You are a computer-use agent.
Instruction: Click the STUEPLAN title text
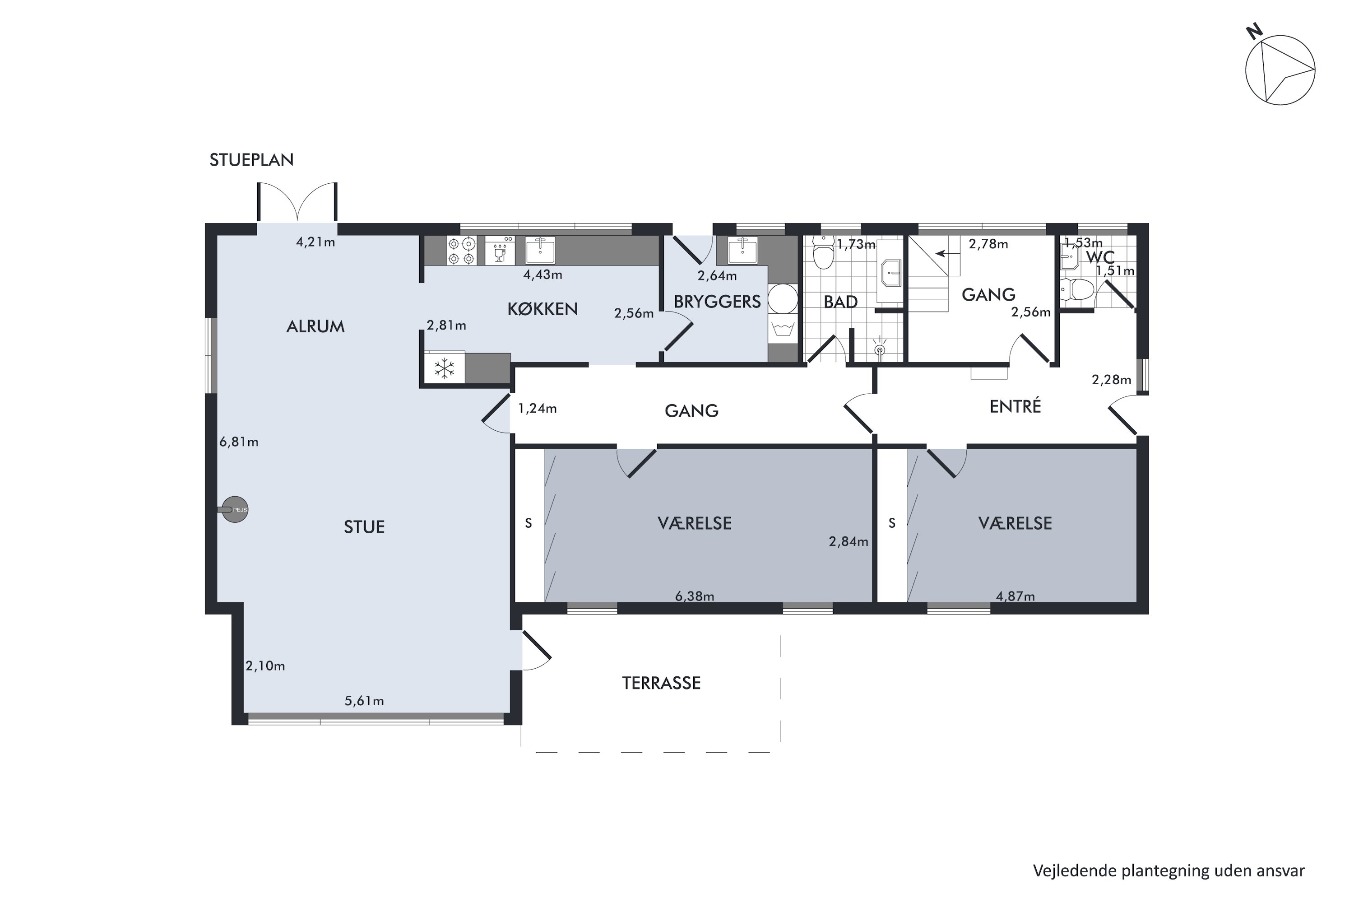[251, 160]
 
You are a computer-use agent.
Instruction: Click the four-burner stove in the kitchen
[462, 251]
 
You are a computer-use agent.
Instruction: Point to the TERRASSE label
[662, 683]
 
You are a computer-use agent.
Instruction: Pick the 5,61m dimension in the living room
[364, 701]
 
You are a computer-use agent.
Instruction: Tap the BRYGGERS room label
[717, 302]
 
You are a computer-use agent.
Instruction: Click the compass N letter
[1254, 31]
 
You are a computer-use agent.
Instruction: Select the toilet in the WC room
[1076, 290]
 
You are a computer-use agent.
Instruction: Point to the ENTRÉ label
[1015, 407]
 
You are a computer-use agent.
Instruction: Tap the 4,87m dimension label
[1015, 596]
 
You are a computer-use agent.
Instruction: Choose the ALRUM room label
[315, 326]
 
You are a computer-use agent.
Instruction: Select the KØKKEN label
[543, 309]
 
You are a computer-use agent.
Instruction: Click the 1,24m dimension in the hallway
[538, 408]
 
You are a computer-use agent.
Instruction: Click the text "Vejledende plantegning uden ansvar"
[1169, 871]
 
